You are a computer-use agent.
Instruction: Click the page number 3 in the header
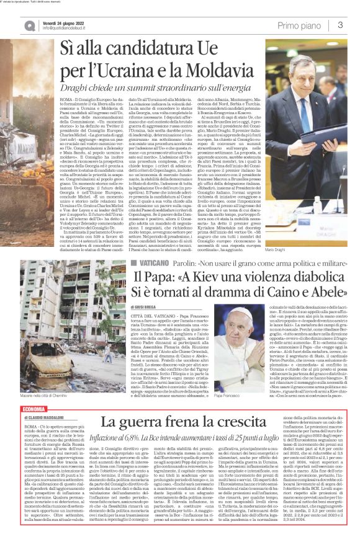pos(341,25)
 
